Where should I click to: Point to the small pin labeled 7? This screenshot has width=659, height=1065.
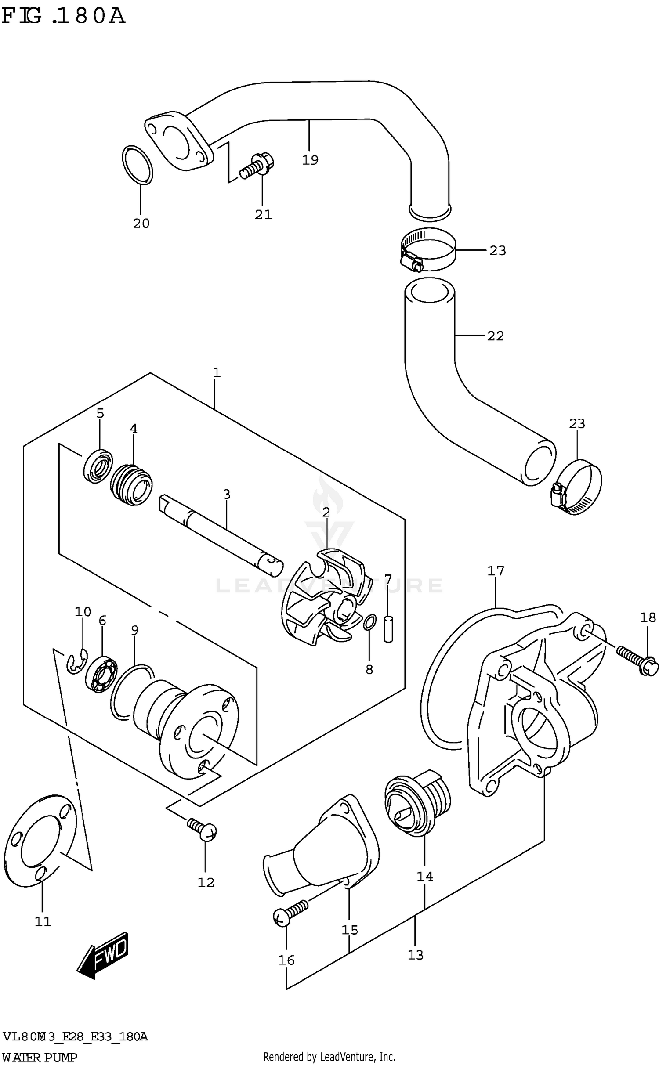click(388, 629)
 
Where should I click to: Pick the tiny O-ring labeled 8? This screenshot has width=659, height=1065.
click(370, 622)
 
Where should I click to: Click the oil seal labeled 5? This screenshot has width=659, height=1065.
click(98, 466)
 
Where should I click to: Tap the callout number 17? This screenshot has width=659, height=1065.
click(495, 571)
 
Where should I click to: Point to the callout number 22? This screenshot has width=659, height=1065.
click(495, 336)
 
